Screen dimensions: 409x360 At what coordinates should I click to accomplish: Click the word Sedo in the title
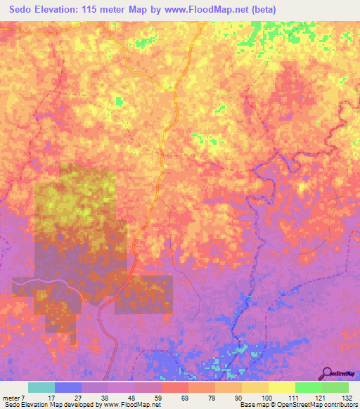pos(23,10)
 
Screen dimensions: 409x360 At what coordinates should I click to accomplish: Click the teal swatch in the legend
pos(41,387)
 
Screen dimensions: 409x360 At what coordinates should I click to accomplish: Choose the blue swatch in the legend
pos(68,387)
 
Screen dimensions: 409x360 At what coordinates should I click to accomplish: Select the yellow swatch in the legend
pos(282,387)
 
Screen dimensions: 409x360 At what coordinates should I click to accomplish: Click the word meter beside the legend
pos(12,397)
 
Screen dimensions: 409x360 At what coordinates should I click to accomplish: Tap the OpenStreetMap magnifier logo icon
pos(326,373)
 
